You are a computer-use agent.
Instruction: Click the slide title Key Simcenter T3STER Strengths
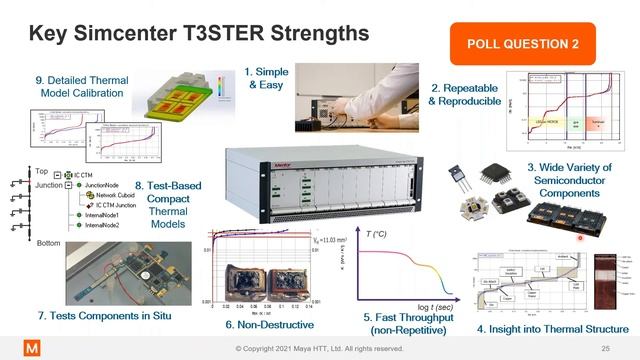tap(199, 34)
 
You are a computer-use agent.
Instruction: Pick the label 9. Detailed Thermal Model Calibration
tap(70, 87)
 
